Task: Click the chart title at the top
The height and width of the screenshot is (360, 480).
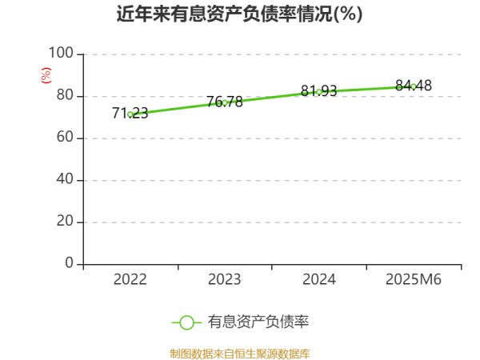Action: tap(239, 15)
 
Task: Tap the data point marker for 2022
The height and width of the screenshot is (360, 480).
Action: tap(130, 114)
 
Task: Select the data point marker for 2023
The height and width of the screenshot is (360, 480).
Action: tap(225, 102)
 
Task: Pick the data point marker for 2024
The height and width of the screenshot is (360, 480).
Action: tap(319, 91)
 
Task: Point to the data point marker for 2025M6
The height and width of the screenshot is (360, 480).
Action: tap(414, 86)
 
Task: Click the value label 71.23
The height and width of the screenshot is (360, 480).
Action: tap(130, 114)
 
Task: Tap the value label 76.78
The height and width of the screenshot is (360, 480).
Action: tap(225, 102)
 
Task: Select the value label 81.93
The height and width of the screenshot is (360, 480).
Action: tap(319, 90)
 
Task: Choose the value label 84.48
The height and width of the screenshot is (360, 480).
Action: tap(414, 85)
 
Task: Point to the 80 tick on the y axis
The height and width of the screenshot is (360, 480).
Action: tap(65, 96)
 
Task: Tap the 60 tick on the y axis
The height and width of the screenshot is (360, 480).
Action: tap(65, 138)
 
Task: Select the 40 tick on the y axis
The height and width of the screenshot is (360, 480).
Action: tap(65, 180)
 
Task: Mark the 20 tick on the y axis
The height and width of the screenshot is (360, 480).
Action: tap(65, 222)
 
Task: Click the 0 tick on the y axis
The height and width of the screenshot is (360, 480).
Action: tap(69, 264)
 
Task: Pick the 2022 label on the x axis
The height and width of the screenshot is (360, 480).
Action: tap(130, 280)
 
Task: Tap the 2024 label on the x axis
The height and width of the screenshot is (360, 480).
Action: tap(319, 280)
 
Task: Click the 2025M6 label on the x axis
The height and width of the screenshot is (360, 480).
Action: tap(414, 280)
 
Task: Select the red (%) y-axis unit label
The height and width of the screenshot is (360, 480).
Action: tap(46, 75)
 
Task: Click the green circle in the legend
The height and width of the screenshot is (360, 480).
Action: tap(186, 322)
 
